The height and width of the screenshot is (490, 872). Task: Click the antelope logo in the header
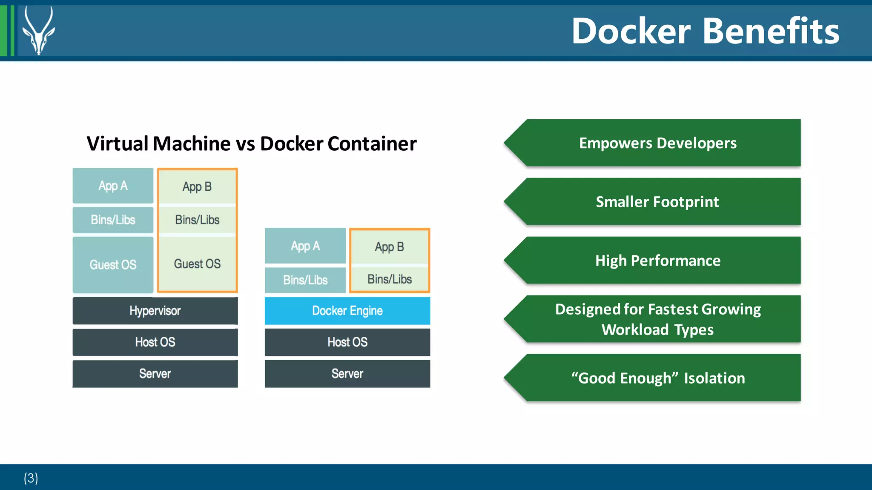tap(38, 31)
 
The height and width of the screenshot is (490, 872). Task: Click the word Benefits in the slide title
tap(771, 32)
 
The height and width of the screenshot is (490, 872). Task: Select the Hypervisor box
tap(155, 311)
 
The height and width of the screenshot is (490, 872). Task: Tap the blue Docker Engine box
tap(347, 311)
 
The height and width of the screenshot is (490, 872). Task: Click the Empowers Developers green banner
tap(658, 143)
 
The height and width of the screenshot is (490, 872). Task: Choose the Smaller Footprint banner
tap(658, 202)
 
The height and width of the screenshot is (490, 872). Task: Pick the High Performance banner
tap(658, 261)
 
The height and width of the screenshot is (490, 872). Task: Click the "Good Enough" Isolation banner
tap(658, 378)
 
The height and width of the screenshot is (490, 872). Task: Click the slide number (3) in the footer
tap(31, 478)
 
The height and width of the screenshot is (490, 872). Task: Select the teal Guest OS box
tap(113, 265)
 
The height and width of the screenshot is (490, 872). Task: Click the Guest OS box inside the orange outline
tap(197, 264)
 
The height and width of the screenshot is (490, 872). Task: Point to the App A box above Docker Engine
tap(305, 246)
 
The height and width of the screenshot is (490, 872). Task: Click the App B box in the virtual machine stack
tap(197, 186)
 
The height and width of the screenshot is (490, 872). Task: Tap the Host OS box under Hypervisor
tap(155, 342)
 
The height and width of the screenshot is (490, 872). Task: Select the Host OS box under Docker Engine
tap(347, 342)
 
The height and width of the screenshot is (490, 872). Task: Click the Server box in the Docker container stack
tap(347, 374)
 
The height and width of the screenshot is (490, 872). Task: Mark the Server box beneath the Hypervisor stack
tap(155, 374)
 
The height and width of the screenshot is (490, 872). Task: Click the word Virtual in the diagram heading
tap(118, 143)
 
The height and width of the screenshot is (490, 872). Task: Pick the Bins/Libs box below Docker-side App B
tap(390, 279)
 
